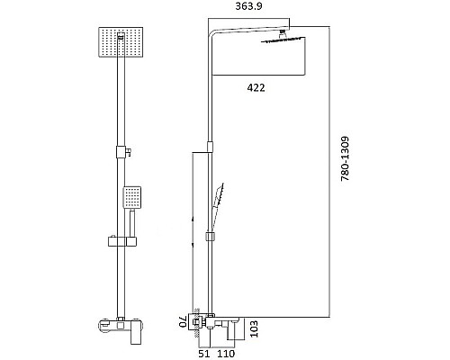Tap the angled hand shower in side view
click(x=220, y=199)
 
